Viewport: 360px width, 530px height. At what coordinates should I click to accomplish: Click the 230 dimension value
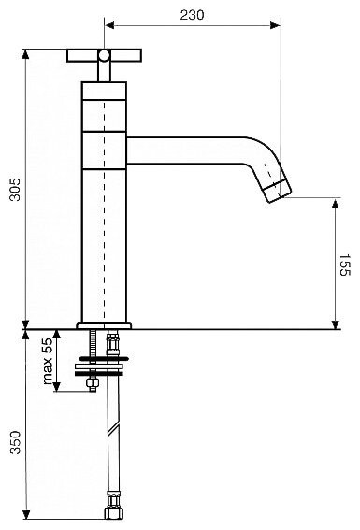tap(192, 15)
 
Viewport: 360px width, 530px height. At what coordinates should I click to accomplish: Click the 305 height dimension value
tap(15, 189)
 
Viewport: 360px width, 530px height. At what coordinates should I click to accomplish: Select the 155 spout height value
tap(345, 265)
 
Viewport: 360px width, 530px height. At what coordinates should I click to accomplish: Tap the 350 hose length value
tap(15, 442)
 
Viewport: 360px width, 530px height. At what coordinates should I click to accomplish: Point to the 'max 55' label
tap(48, 362)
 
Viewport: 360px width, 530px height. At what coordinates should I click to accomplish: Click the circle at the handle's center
tap(104, 55)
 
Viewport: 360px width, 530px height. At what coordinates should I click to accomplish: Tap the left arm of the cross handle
tap(82, 55)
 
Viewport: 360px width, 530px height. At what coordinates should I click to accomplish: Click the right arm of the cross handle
tap(125, 55)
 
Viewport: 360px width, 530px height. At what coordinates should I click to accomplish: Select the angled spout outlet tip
tap(278, 192)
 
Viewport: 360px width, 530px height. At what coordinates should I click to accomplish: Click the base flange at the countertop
tap(104, 326)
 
